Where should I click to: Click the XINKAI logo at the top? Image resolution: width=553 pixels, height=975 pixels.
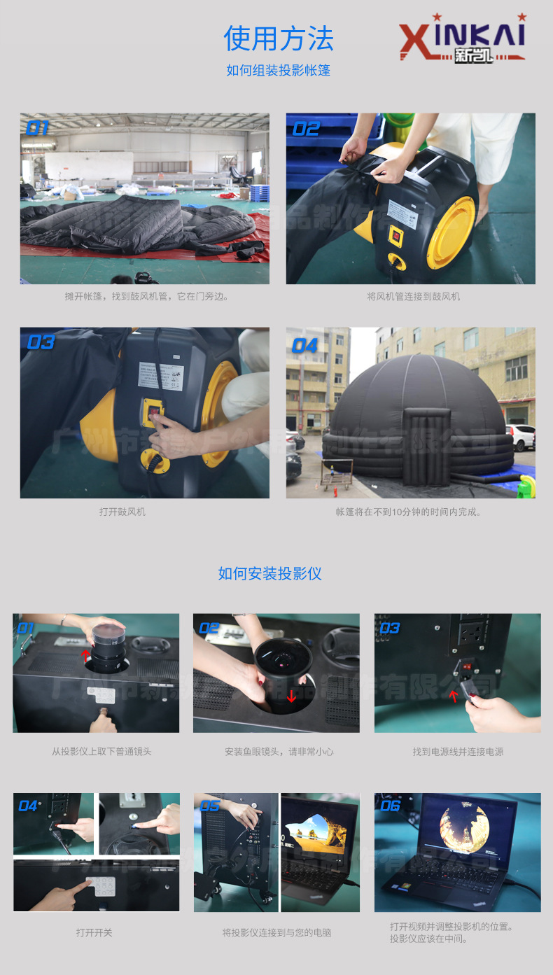(x=462, y=38)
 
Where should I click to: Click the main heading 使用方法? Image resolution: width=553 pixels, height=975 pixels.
(x=278, y=38)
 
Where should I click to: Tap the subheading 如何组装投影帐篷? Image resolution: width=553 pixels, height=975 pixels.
(x=278, y=70)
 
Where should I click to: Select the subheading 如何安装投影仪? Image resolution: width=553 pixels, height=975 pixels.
(x=269, y=574)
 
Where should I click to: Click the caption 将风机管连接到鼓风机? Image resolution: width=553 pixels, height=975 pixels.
(x=413, y=297)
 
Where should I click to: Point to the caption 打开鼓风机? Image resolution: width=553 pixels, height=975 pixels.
(x=122, y=512)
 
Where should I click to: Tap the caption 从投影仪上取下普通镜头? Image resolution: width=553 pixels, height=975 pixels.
(x=101, y=752)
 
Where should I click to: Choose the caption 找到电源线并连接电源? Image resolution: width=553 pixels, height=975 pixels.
(x=458, y=752)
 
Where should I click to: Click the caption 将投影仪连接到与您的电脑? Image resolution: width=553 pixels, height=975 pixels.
(x=276, y=932)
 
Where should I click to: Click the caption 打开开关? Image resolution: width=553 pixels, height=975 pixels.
(x=94, y=932)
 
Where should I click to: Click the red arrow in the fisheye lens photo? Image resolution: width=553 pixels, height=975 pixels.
(x=291, y=696)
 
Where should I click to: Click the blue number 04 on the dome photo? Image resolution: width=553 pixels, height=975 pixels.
(x=304, y=346)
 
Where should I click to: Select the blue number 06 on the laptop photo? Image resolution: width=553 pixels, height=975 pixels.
(x=390, y=806)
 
